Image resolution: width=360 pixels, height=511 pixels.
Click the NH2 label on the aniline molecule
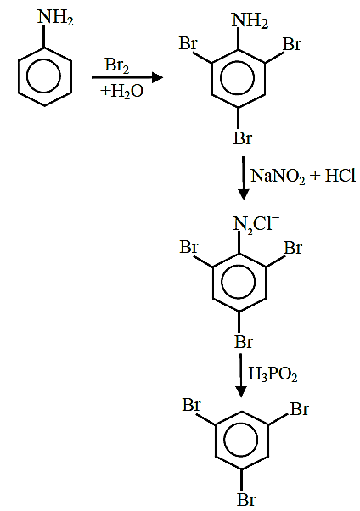[x=55, y=17]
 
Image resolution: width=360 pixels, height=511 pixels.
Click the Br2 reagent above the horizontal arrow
[x=116, y=65]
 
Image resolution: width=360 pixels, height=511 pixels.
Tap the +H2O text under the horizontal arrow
[x=122, y=91]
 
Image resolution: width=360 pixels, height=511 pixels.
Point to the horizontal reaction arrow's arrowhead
[x=158, y=77]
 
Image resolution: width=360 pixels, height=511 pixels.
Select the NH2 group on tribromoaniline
[x=250, y=20]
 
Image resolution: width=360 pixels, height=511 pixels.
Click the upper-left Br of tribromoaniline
[x=188, y=43]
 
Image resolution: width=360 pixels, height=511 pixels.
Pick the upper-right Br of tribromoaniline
[x=292, y=44]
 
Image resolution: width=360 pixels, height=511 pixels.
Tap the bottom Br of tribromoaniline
[x=243, y=138]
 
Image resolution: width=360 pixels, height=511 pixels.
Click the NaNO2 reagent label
[x=278, y=177]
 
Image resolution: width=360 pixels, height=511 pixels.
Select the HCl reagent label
[x=340, y=176]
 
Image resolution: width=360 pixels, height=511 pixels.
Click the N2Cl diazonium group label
[x=256, y=224]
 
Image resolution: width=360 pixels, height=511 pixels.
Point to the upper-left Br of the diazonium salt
[x=189, y=247]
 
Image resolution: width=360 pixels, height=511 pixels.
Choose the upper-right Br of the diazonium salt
[x=293, y=248]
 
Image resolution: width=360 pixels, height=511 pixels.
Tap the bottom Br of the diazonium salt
[x=244, y=342]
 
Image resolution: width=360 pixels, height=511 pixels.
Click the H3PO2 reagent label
[x=273, y=373]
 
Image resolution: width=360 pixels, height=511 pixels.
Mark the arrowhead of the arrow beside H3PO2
[x=241, y=391]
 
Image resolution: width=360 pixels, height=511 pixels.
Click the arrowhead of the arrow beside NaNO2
[x=244, y=194]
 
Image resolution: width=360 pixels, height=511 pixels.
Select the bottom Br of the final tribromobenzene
[x=246, y=499]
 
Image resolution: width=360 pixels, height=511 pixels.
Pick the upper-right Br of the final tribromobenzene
[x=299, y=408]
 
